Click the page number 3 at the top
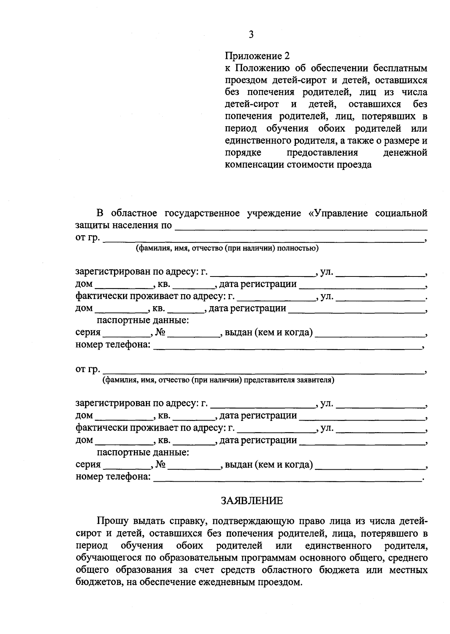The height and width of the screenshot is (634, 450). tap(251, 35)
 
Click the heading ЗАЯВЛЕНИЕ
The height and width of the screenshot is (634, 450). tap(251, 501)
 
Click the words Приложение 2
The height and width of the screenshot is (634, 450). tap(257, 56)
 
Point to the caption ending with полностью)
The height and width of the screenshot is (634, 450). tap(227, 248)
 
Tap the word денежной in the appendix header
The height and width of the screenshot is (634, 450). tap(406, 153)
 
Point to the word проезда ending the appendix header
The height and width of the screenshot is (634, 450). tap(354, 165)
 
